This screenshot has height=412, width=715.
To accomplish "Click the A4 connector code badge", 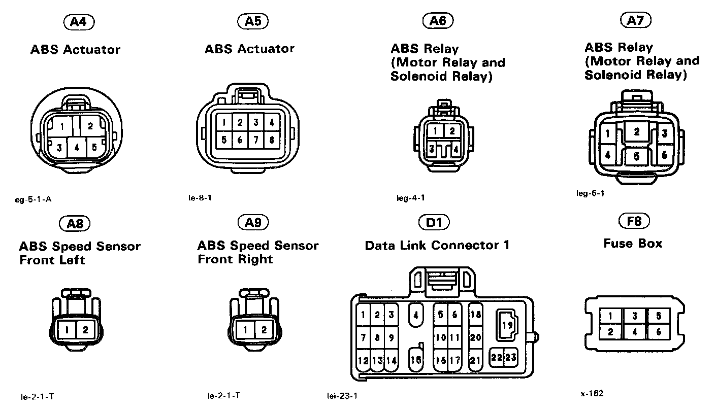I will click(79, 22).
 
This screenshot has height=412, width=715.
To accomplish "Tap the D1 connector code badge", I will click(434, 222).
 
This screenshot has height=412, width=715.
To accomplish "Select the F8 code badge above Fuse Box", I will click(634, 221).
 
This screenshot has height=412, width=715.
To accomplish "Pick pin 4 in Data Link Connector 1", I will click(416, 315).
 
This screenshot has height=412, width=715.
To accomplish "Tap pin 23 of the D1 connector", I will click(510, 357).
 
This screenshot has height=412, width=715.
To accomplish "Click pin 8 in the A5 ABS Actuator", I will click(272, 140).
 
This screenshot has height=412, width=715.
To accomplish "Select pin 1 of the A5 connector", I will click(224, 122).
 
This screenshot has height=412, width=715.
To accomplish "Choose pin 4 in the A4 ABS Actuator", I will click(77, 148).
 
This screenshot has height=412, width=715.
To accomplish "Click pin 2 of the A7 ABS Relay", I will click(636, 131).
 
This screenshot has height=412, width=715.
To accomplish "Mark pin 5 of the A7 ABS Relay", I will click(636, 156).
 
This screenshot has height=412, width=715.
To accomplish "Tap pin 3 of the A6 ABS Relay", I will click(432, 149).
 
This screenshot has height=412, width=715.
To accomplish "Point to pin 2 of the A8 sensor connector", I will click(85, 330).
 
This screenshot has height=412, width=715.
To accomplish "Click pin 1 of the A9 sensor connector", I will click(246, 330).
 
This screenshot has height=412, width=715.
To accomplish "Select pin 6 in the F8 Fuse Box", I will click(659, 332).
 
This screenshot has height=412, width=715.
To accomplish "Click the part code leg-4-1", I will click(410, 198).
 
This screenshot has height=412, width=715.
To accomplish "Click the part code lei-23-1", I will click(342, 396).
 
